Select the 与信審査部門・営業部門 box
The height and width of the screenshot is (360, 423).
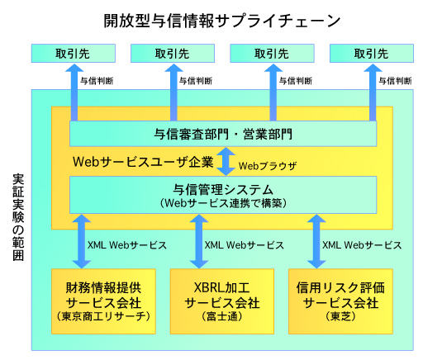click(x=222, y=133)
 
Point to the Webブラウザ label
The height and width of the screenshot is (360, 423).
click(x=268, y=165)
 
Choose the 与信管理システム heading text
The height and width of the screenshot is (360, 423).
click(x=222, y=189)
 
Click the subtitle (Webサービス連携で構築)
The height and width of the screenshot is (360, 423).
click(x=222, y=203)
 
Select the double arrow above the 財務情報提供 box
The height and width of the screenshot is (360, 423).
click(x=81, y=241)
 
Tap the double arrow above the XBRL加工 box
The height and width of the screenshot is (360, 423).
click(x=198, y=241)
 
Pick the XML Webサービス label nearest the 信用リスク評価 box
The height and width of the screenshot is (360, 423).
click(x=363, y=245)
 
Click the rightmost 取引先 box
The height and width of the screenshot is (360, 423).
click(x=371, y=53)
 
